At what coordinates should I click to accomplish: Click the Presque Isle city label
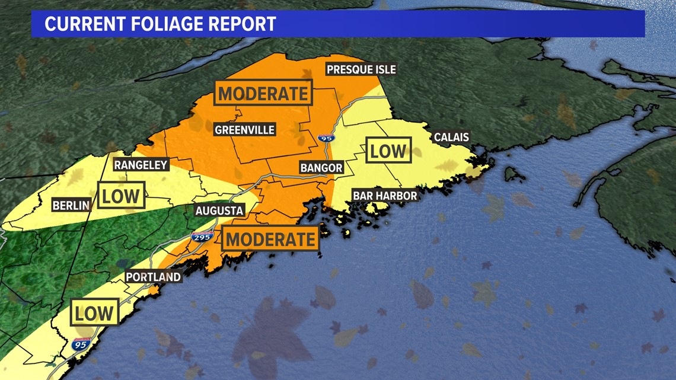[x=361, y=69]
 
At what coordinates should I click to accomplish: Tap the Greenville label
[x=245, y=129]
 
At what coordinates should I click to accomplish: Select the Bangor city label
[x=321, y=168]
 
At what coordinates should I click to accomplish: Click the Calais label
[x=451, y=138]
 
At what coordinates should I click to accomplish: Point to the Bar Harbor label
[x=384, y=195]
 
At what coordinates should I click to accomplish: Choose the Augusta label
[x=219, y=210]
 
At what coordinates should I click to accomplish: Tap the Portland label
[x=153, y=277]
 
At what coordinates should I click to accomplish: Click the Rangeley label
[x=141, y=165]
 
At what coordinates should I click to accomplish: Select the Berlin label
[x=71, y=206]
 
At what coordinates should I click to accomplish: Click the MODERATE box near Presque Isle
[x=263, y=93]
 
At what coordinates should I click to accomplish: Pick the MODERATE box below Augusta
[x=270, y=239]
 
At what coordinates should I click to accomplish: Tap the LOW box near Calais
[x=388, y=151]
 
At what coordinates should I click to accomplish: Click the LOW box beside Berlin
[x=122, y=195]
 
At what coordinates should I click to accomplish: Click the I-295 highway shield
[x=202, y=237]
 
